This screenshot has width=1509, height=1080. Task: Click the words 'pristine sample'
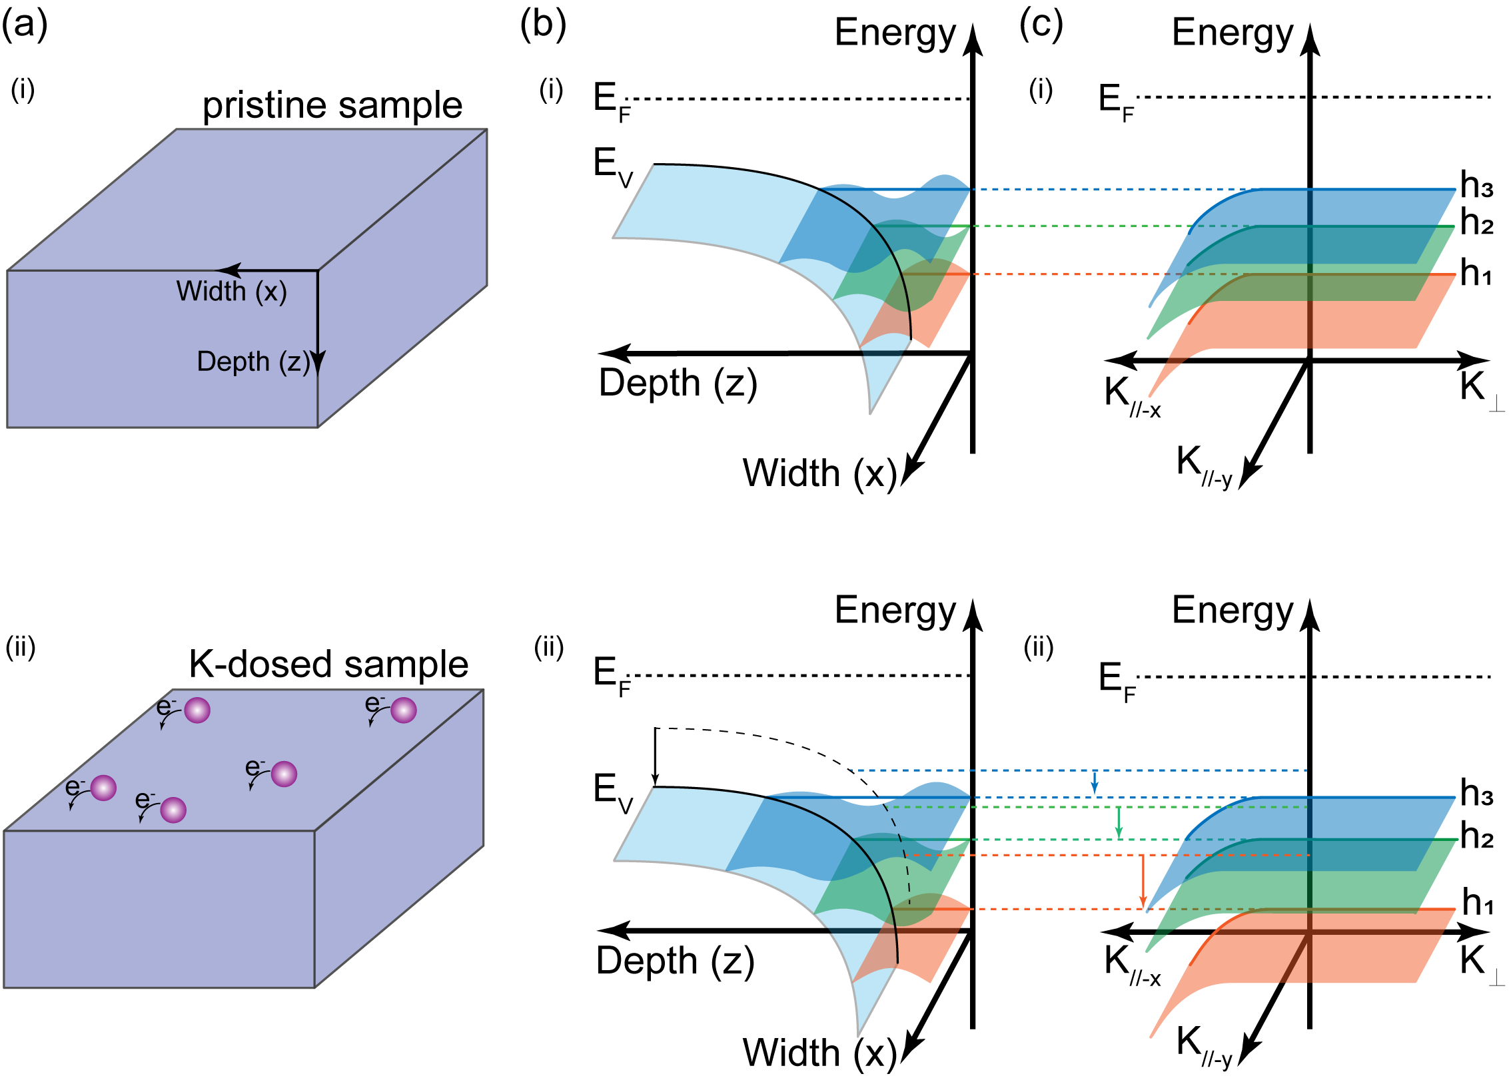click(x=332, y=105)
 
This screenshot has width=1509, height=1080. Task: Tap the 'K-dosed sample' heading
click(x=328, y=665)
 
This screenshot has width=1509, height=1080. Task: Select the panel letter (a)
click(x=25, y=25)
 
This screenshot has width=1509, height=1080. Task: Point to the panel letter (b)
click(x=543, y=25)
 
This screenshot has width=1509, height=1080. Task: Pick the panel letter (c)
click(x=1041, y=25)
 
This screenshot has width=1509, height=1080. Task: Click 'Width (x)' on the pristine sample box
click(x=231, y=292)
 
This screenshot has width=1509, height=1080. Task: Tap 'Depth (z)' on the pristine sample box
click(x=254, y=362)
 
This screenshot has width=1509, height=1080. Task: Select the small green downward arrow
click(x=1119, y=823)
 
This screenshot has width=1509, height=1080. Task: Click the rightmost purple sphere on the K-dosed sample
click(x=404, y=710)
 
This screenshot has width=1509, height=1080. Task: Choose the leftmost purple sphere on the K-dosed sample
click(x=103, y=788)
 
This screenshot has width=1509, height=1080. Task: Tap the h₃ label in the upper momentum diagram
click(x=1476, y=185)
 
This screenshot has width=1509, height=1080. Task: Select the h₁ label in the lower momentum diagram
click(x=1478, y=903)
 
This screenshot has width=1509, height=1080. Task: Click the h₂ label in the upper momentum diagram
click(x=1476, y=222)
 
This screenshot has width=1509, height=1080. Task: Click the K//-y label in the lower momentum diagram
click(x=1203, y=1044)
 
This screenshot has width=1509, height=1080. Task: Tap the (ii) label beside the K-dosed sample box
click(x=20, y=647)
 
